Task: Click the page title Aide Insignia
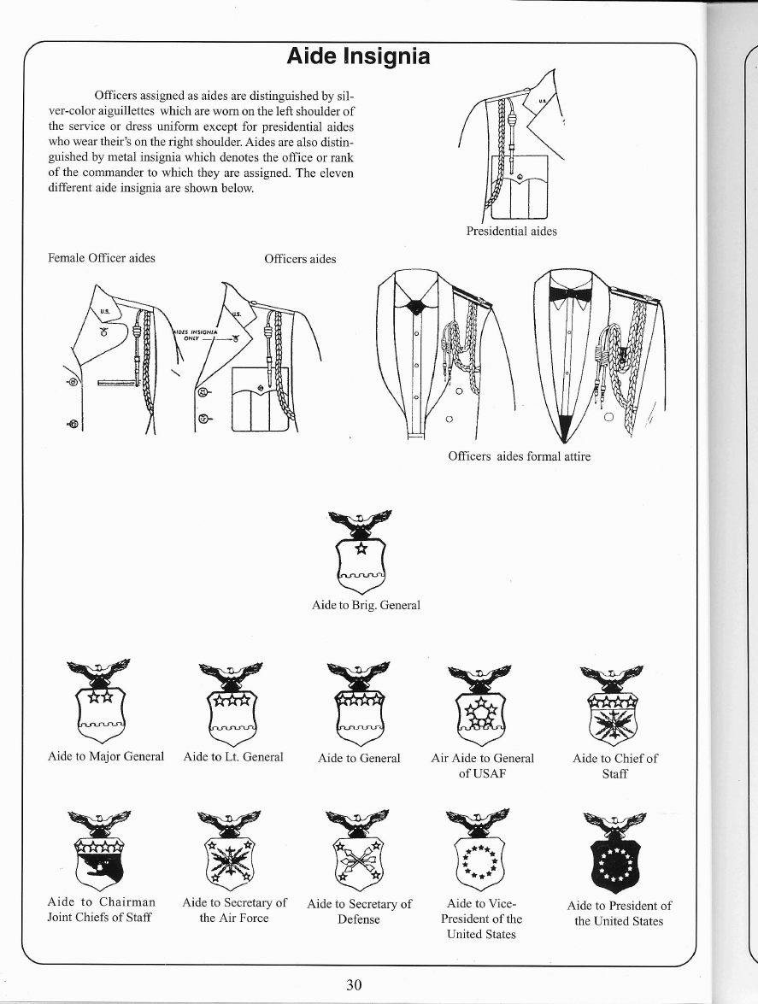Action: tap(358, 57)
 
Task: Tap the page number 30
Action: tap(354, 984)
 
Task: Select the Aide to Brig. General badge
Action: tap(361, 552)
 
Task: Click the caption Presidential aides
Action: tap(511, 232)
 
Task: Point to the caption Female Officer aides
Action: tap(102, 258)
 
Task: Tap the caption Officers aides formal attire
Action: tap(519, 456)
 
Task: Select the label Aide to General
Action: tap(359, 758)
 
